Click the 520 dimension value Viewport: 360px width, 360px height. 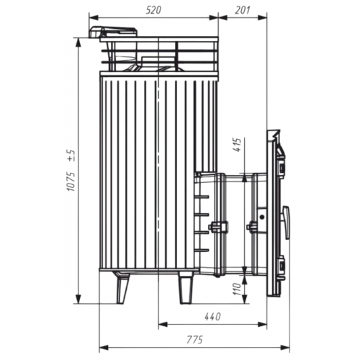coord(153,10)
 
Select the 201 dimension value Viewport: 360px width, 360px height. coord(243,10)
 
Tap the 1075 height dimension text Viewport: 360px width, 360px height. coord(71,181)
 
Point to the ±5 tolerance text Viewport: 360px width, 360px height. coord(71,156)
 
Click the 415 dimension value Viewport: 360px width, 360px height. coord(237,145)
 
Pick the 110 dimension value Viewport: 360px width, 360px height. coord(237,289)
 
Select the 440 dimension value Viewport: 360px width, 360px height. coord(212,317)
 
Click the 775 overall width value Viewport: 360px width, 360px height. coord(194,340)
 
